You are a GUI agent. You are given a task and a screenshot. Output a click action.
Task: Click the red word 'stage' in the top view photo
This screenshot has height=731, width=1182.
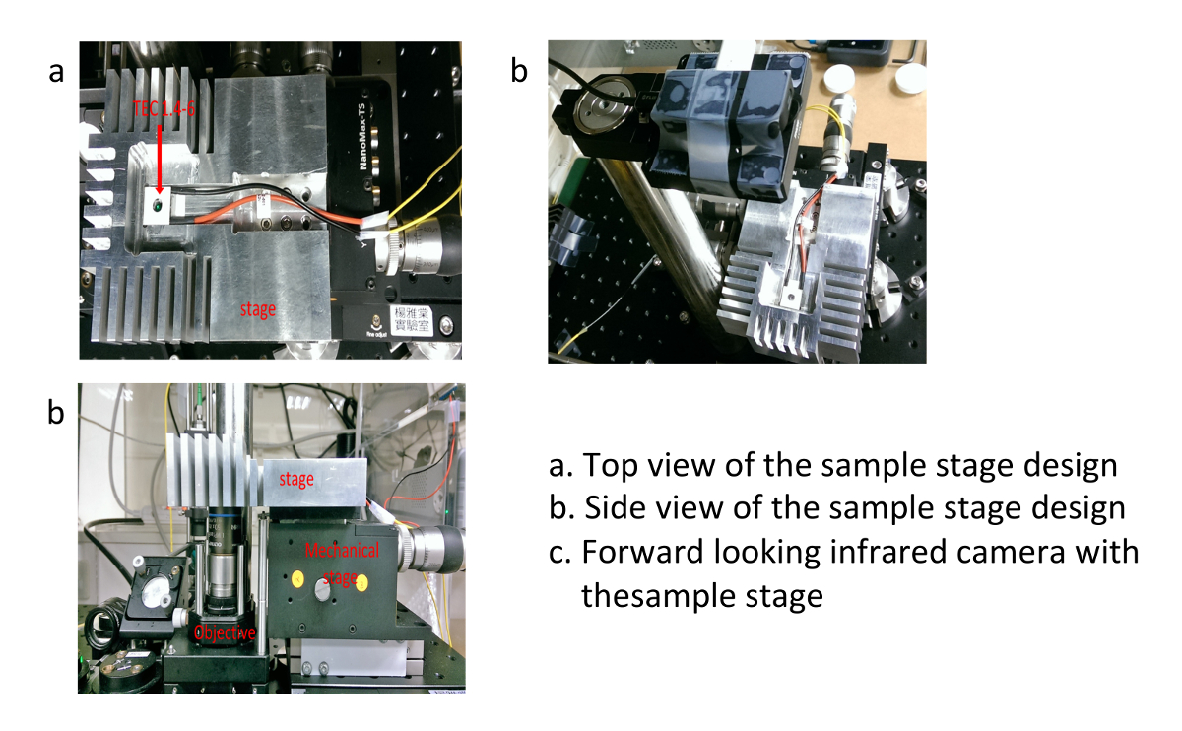(x=258, y=308)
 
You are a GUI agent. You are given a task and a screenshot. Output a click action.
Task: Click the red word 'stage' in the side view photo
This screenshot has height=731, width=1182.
(x=295, y=479)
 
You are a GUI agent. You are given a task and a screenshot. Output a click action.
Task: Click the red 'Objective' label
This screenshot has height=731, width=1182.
(x=226, y=632)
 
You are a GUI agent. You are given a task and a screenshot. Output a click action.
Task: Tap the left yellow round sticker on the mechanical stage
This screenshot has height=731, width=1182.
(x=292, y=578)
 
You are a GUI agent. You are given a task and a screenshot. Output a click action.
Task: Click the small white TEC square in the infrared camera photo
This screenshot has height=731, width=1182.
(x=792, y=292)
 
